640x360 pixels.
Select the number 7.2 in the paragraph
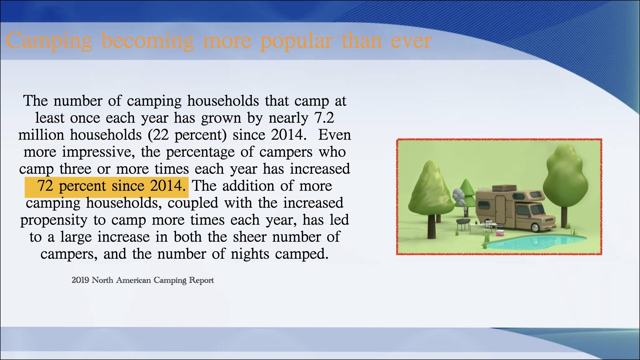(x=324, y=118)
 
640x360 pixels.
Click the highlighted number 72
(x=45, y=186)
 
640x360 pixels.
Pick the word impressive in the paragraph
(x=98, y=152)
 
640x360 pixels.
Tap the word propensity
(x=54, y=220)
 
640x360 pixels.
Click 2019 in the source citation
(x=80, y=280)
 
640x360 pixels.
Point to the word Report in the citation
(x=201, y=280)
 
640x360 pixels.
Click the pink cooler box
(x=500, y=232)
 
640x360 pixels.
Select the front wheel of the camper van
(x=535, y=228)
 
